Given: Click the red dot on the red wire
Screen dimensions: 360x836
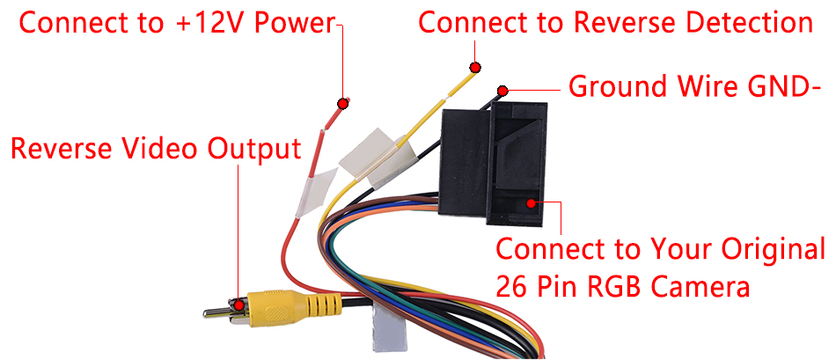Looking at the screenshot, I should coord(343,103).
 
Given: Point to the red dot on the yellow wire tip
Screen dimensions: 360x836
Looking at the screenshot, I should coord(475,67).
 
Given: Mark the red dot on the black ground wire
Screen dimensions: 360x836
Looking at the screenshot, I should coord(503,90).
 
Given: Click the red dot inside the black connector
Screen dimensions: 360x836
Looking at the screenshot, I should coord(532,203).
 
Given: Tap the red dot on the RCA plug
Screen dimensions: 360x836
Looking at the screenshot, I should coord(238,304).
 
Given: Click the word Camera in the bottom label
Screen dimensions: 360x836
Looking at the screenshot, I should coord(708,287).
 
